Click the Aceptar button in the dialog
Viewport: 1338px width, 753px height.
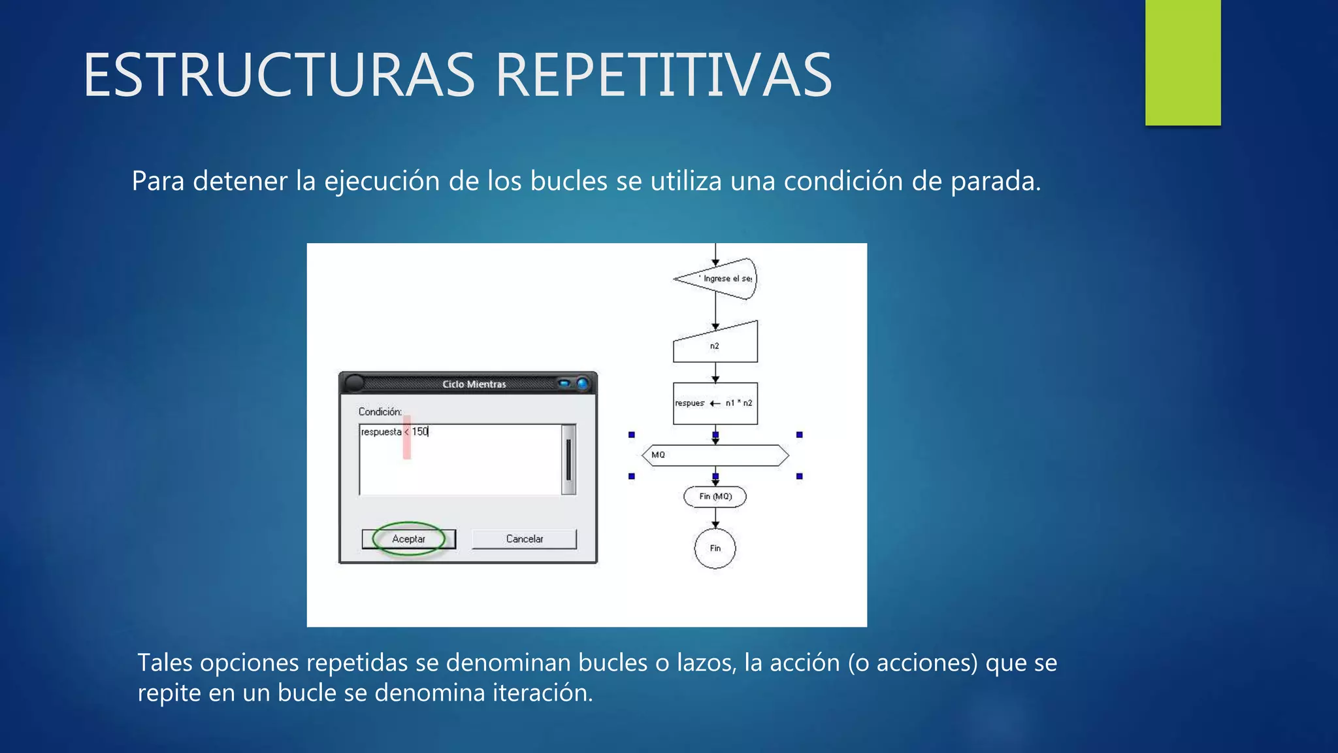coord(408,539)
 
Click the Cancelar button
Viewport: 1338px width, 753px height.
coord(524,539)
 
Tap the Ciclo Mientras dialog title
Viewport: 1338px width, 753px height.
coord(474,384)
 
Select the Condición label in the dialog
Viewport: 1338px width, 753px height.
coord(380,412)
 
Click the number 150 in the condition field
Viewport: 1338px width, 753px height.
coord(420,432)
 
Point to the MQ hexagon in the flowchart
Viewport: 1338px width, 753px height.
coord(715,455)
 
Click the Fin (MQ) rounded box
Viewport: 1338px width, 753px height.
coord(715,497)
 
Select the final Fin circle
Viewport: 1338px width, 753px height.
coord(715,548)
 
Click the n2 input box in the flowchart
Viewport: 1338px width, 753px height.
coord(715,344)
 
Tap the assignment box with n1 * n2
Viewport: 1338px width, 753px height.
coord(715,403)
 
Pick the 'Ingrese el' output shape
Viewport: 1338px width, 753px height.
coord(719,278)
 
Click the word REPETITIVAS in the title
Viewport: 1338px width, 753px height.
coord(663,76)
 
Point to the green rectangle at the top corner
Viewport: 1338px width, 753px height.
coord(1183,62)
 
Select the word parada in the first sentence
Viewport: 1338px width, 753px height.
coord(995,182)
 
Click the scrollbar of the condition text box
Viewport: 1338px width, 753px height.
coord(568,460)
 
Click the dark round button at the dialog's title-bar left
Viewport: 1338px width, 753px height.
coord(354,383)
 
